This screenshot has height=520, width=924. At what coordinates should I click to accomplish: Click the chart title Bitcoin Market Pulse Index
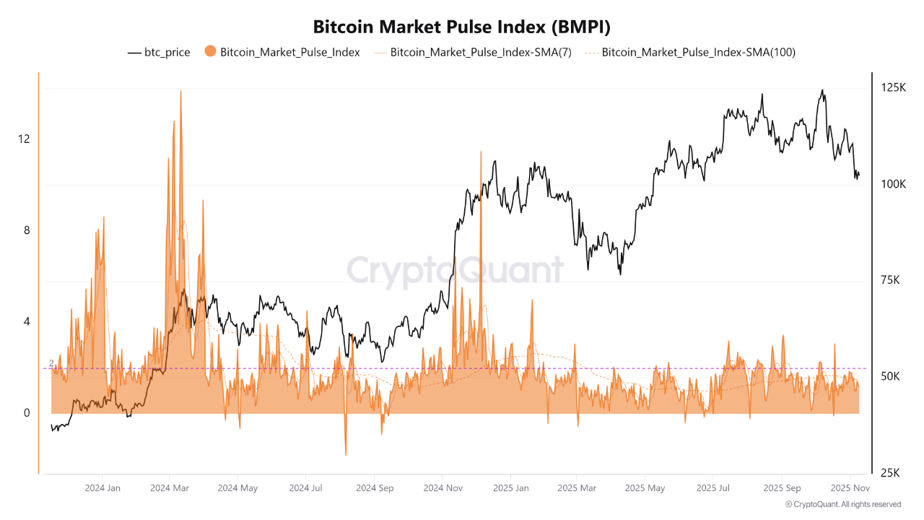click(462, 27)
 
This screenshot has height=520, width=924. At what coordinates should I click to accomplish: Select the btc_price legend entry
click(159, 52)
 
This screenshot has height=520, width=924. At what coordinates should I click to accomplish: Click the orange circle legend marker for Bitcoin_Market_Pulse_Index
click(211, 51)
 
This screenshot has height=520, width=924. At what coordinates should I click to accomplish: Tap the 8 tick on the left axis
click(27, 230)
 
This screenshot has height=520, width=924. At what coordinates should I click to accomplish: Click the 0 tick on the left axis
click(27, 413)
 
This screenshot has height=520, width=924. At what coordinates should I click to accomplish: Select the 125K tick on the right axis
click(893, 87)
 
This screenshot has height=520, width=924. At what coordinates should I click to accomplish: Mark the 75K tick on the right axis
click(890, 280)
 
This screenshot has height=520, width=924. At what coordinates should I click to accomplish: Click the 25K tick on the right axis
click(890, 473)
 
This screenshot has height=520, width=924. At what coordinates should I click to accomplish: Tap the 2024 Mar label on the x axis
click(169, 488)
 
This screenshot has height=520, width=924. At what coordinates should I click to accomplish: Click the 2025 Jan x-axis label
click(511, 488)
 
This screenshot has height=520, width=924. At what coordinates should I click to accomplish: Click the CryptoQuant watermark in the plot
click(455, 270)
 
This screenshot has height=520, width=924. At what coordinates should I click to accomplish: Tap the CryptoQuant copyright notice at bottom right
click(842, 504)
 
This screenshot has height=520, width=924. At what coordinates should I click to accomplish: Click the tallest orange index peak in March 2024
click(180, 92)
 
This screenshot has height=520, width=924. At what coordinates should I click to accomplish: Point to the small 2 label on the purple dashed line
click(51, 363)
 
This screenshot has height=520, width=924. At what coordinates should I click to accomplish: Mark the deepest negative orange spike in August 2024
click(346, 454)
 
